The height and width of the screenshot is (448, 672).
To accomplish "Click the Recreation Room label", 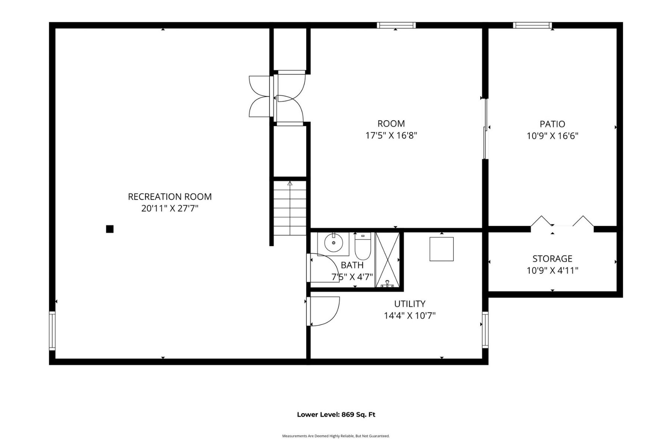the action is [169, 196].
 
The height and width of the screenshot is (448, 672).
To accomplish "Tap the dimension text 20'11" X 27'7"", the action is [169, 208].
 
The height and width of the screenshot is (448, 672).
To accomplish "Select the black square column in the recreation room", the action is [110, 229].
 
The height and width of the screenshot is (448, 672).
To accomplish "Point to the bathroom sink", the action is [333, 244].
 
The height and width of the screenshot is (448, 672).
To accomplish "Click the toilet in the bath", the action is [363, 246].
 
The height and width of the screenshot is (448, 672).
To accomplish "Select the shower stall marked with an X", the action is [387, 260].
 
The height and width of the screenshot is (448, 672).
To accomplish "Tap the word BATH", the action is [352, 265].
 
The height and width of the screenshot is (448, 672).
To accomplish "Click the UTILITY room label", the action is [410, 304].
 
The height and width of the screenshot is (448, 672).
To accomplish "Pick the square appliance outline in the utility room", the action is [441, 249].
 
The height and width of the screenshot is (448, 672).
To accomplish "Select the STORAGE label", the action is [552, 258].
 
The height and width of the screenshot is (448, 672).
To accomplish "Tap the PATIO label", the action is [552, 124].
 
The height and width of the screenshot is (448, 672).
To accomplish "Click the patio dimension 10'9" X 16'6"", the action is [552, 136].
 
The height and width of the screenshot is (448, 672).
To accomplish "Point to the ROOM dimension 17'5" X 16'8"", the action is [391, 135].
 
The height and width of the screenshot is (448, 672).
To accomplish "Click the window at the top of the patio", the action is [532, 25].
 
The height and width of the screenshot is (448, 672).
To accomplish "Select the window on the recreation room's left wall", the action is [52, 331].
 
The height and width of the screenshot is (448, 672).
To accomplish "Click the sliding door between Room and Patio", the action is [485, 129].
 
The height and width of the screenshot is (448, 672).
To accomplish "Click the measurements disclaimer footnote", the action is [336, 436].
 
